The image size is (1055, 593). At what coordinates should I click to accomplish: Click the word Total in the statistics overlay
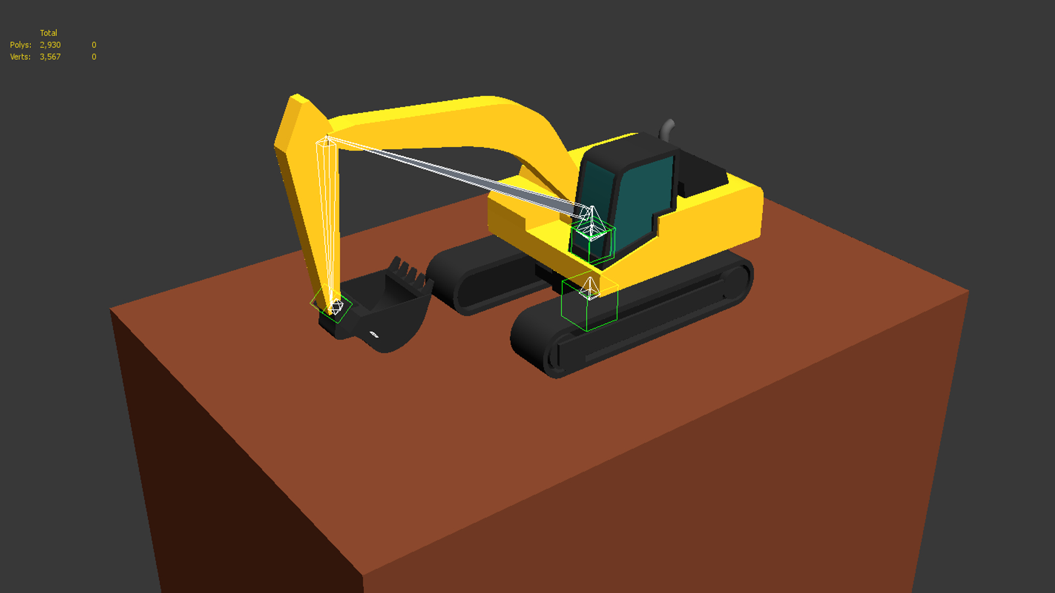[48, 33]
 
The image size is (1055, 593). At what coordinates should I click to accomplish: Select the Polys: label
[20, 45]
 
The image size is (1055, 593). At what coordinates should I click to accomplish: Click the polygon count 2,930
[50, 45]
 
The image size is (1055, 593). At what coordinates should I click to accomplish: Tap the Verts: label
[20, 57]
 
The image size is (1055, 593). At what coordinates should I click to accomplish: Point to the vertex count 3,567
[50, 57]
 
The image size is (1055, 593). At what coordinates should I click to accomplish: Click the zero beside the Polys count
[94, 45]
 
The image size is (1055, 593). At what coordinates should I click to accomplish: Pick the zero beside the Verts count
[94, 57]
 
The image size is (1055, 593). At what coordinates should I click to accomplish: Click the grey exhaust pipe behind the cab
[667, 129]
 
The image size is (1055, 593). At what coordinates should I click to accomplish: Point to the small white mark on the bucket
[374, 334]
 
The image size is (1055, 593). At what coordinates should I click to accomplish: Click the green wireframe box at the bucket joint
[331, 304]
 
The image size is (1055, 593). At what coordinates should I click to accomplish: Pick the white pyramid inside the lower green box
[590, 288]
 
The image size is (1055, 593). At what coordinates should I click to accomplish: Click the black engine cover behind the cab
[703, 170]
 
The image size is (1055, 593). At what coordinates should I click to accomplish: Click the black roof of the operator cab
[626, 148]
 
